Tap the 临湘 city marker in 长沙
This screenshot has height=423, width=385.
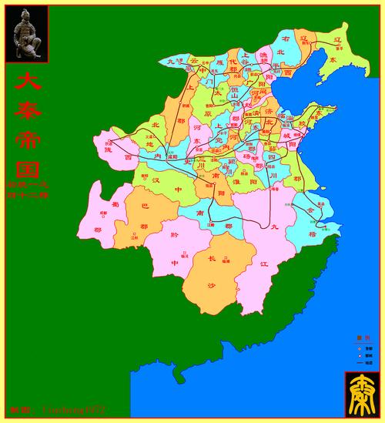coord(226,260)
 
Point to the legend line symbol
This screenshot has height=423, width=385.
coord(359,361)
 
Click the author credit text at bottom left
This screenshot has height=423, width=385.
coord(58,409)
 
